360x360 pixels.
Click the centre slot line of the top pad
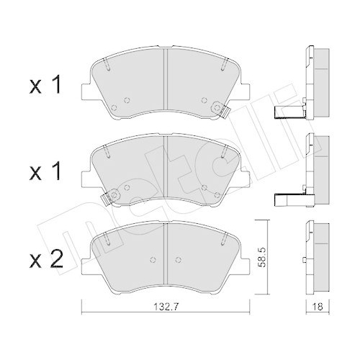[x=166, y=78]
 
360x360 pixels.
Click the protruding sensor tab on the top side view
[x=288, y=112]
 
